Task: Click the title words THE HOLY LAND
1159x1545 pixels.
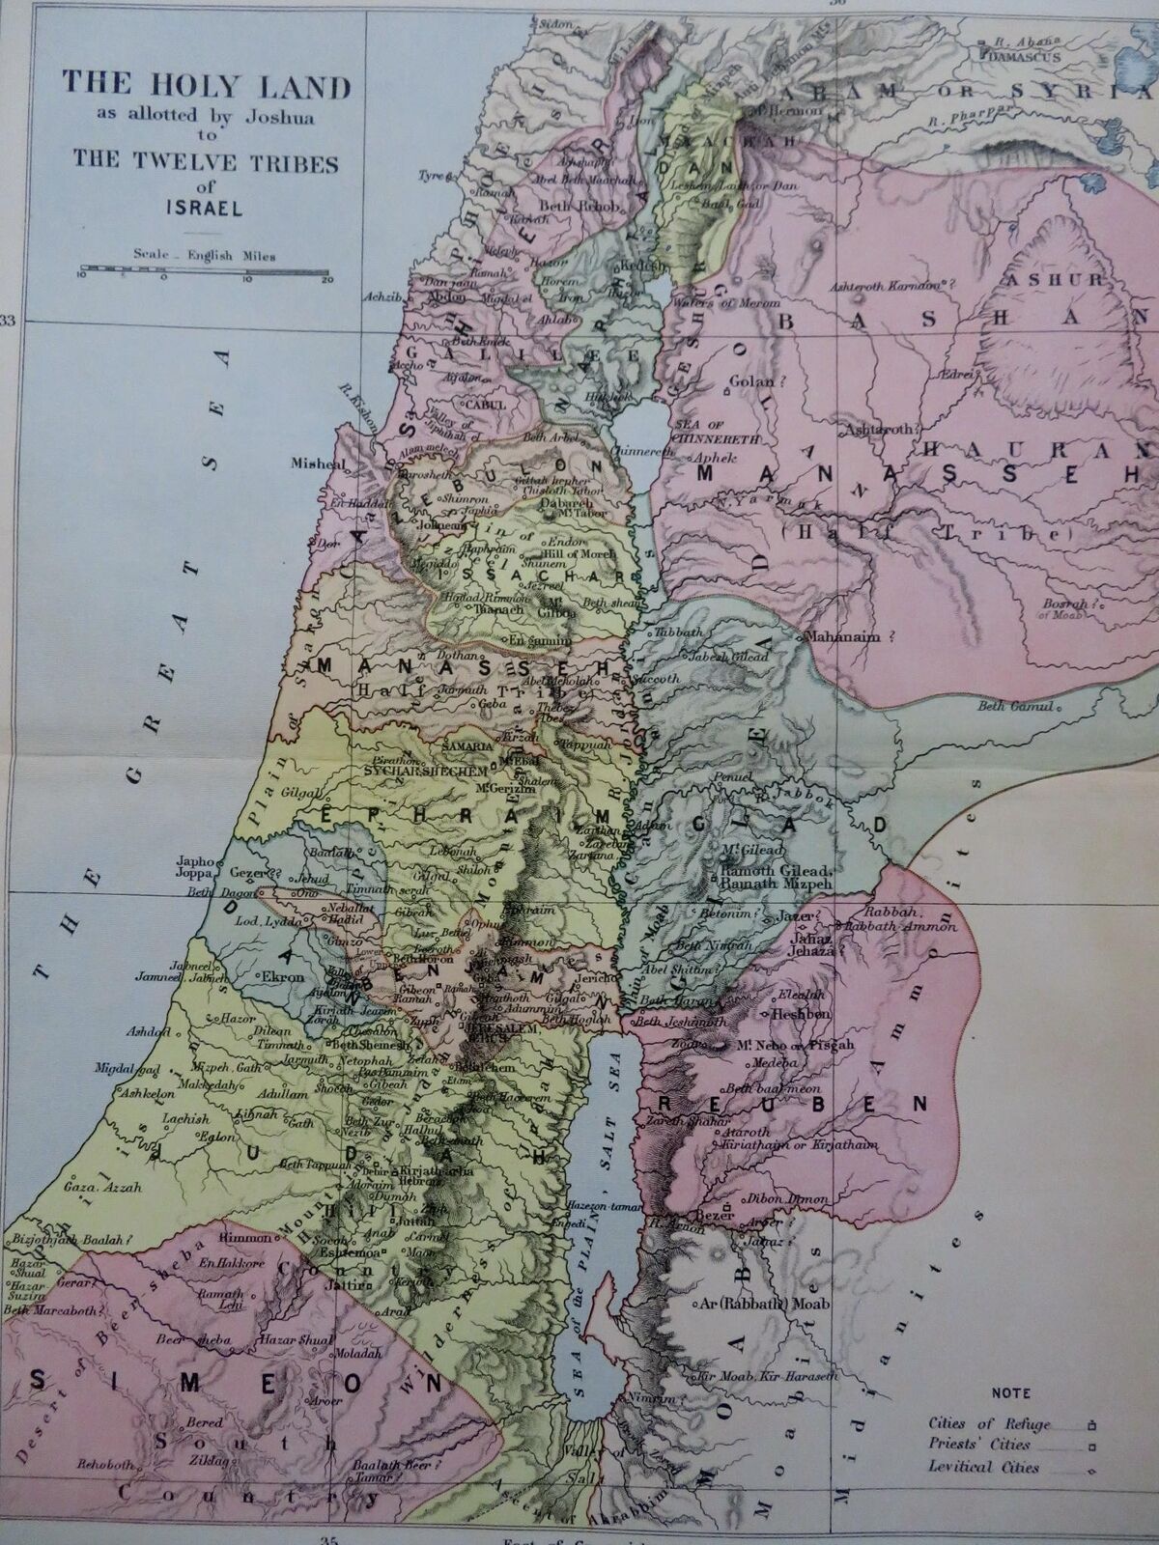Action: tap(206, 86)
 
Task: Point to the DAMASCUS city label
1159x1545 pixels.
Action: tap(1027, 57)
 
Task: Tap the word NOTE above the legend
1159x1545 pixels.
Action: tap(1010, 1393)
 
